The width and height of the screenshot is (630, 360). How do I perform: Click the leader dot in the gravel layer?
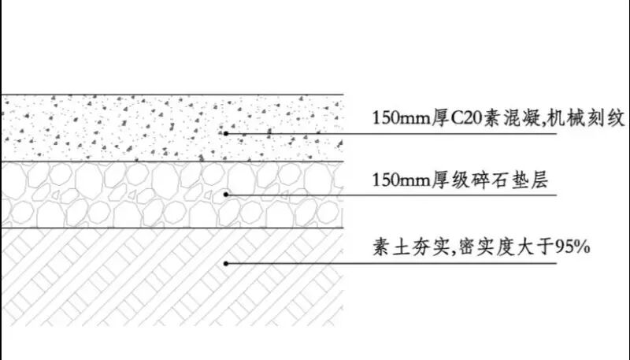[226, 195]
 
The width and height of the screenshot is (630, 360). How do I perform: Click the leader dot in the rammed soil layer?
[226, 262]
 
